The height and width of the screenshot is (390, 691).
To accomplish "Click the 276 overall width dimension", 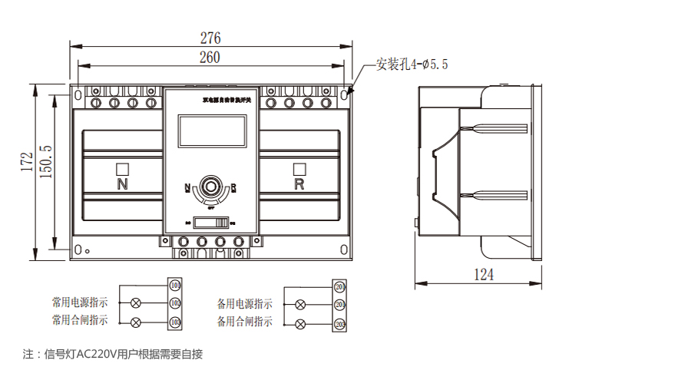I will pos(210,38).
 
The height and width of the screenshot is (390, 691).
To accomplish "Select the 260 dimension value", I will pos(210,58).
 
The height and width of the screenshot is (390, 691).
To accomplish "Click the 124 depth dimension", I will pos(483,274).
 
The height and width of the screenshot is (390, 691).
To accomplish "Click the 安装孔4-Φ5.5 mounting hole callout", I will pos(412,65).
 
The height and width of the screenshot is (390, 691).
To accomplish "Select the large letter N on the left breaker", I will pos(122,184).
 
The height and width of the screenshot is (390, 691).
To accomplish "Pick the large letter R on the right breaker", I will pos(299,184).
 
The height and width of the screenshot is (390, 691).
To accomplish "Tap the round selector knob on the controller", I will pos(211,186).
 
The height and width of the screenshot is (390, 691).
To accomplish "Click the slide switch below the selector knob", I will pos(212,223).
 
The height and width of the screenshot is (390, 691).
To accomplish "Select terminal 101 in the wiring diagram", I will pos(175,286).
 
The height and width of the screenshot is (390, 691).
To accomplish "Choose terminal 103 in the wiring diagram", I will pos(175,322).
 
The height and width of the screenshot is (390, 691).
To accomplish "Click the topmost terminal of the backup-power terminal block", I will pos(339,287).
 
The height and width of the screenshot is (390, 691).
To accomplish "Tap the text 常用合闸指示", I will pos(80,320).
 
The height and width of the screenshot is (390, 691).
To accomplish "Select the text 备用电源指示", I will pos(244,304).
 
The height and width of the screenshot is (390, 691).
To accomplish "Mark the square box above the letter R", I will pos(299,169).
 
